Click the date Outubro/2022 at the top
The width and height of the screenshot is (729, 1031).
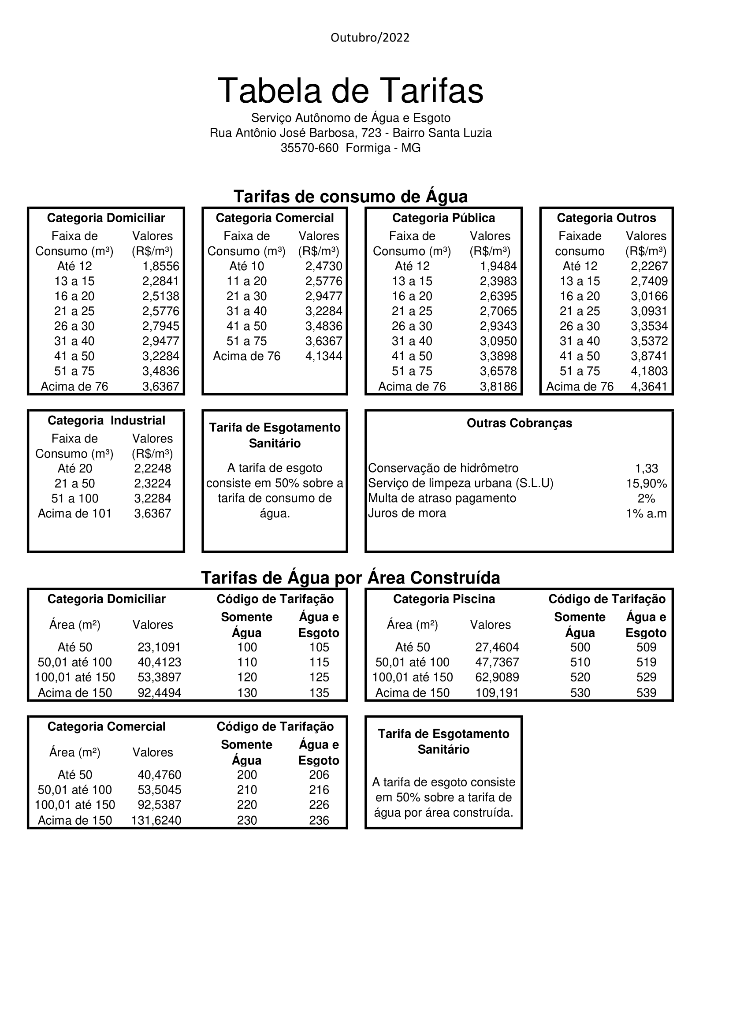[370, 38]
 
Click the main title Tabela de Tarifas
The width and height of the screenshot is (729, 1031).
[350, 91]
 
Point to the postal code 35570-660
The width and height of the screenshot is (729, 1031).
[309, 148]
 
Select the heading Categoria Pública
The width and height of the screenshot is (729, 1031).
[443, 218]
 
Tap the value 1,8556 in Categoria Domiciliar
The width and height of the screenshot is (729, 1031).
[161, 266]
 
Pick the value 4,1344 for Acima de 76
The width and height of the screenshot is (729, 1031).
[324, 356]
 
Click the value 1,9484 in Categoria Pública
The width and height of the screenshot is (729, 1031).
[498, 266]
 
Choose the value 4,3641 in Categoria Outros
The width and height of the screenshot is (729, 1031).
[649, 387]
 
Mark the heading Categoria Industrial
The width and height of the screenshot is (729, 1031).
[106, 421]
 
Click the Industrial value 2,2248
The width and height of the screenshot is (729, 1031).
[152, 469]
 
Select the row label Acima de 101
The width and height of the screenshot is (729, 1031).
[74, 514]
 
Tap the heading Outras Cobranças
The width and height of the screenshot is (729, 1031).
[519, 424]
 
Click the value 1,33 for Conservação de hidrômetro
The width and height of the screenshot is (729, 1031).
[647, 469]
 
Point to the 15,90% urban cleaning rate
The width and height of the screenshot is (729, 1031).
[647, 484]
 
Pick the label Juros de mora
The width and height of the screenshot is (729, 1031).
[407, 513]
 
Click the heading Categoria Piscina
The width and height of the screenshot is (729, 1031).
[444, 599]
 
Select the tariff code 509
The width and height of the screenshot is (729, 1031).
[646, 648]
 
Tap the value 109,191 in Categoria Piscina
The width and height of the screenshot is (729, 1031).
[497, 693]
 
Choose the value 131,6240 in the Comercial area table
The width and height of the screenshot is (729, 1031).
[156, 821]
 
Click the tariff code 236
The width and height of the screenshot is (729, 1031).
[319, 821]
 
